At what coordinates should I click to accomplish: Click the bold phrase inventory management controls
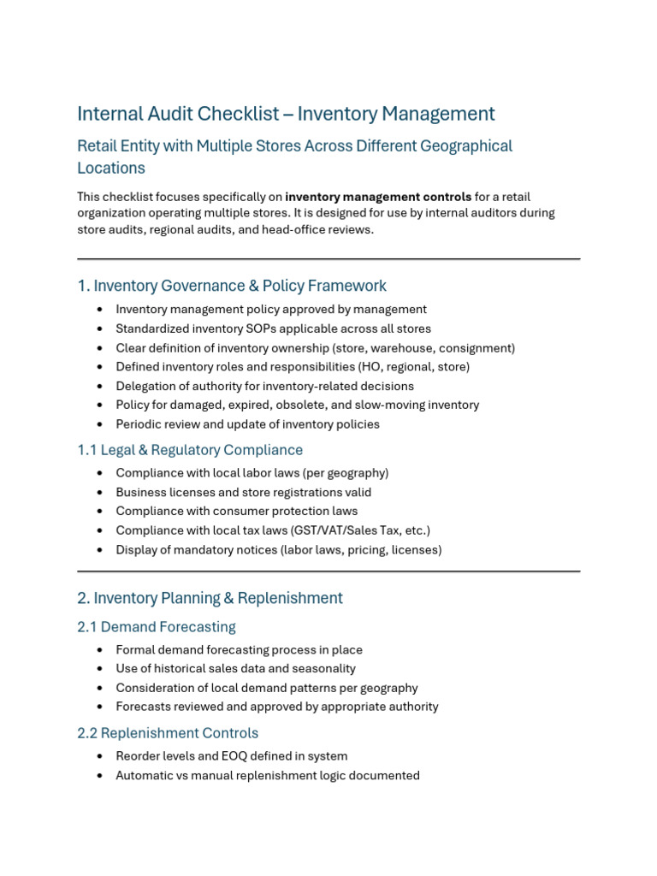378,197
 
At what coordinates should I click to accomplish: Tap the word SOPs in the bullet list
252,328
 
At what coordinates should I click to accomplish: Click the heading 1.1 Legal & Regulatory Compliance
190,450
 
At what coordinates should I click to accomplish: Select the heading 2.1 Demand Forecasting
157,627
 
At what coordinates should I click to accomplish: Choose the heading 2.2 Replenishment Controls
168,733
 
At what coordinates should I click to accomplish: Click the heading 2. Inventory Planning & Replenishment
210,598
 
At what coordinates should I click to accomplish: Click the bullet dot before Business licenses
101,493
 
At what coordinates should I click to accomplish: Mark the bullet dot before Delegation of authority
101,387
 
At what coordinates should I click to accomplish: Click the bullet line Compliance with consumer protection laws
237,512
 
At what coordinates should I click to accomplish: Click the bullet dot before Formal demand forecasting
101,650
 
